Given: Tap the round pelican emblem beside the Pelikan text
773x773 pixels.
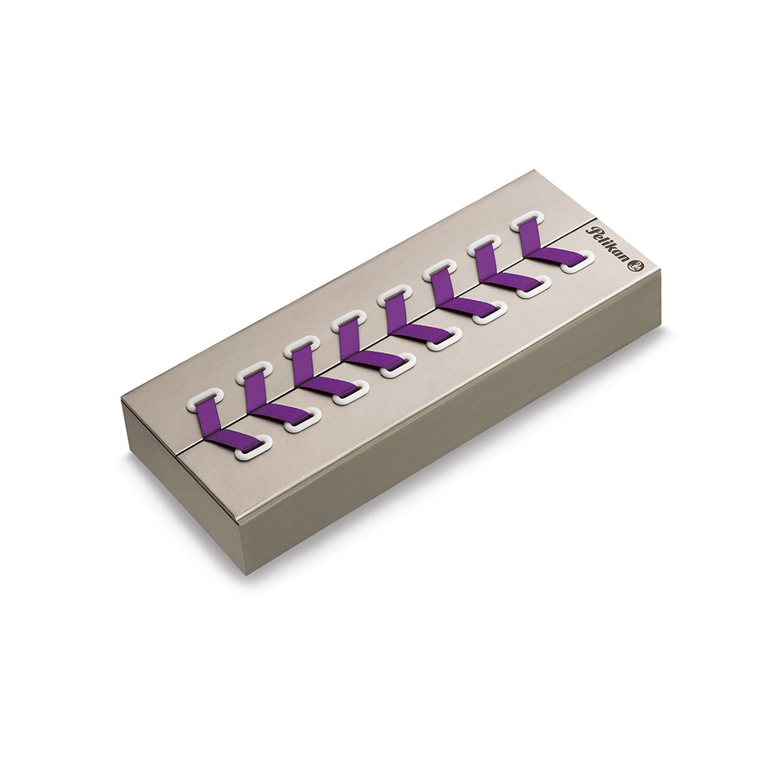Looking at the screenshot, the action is (636, 266).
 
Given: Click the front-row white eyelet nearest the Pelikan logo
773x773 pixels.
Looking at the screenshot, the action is (579, 262).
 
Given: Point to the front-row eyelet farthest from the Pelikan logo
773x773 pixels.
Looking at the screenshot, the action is (252, 447).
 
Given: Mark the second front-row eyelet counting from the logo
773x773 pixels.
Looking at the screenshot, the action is (534, 286).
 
